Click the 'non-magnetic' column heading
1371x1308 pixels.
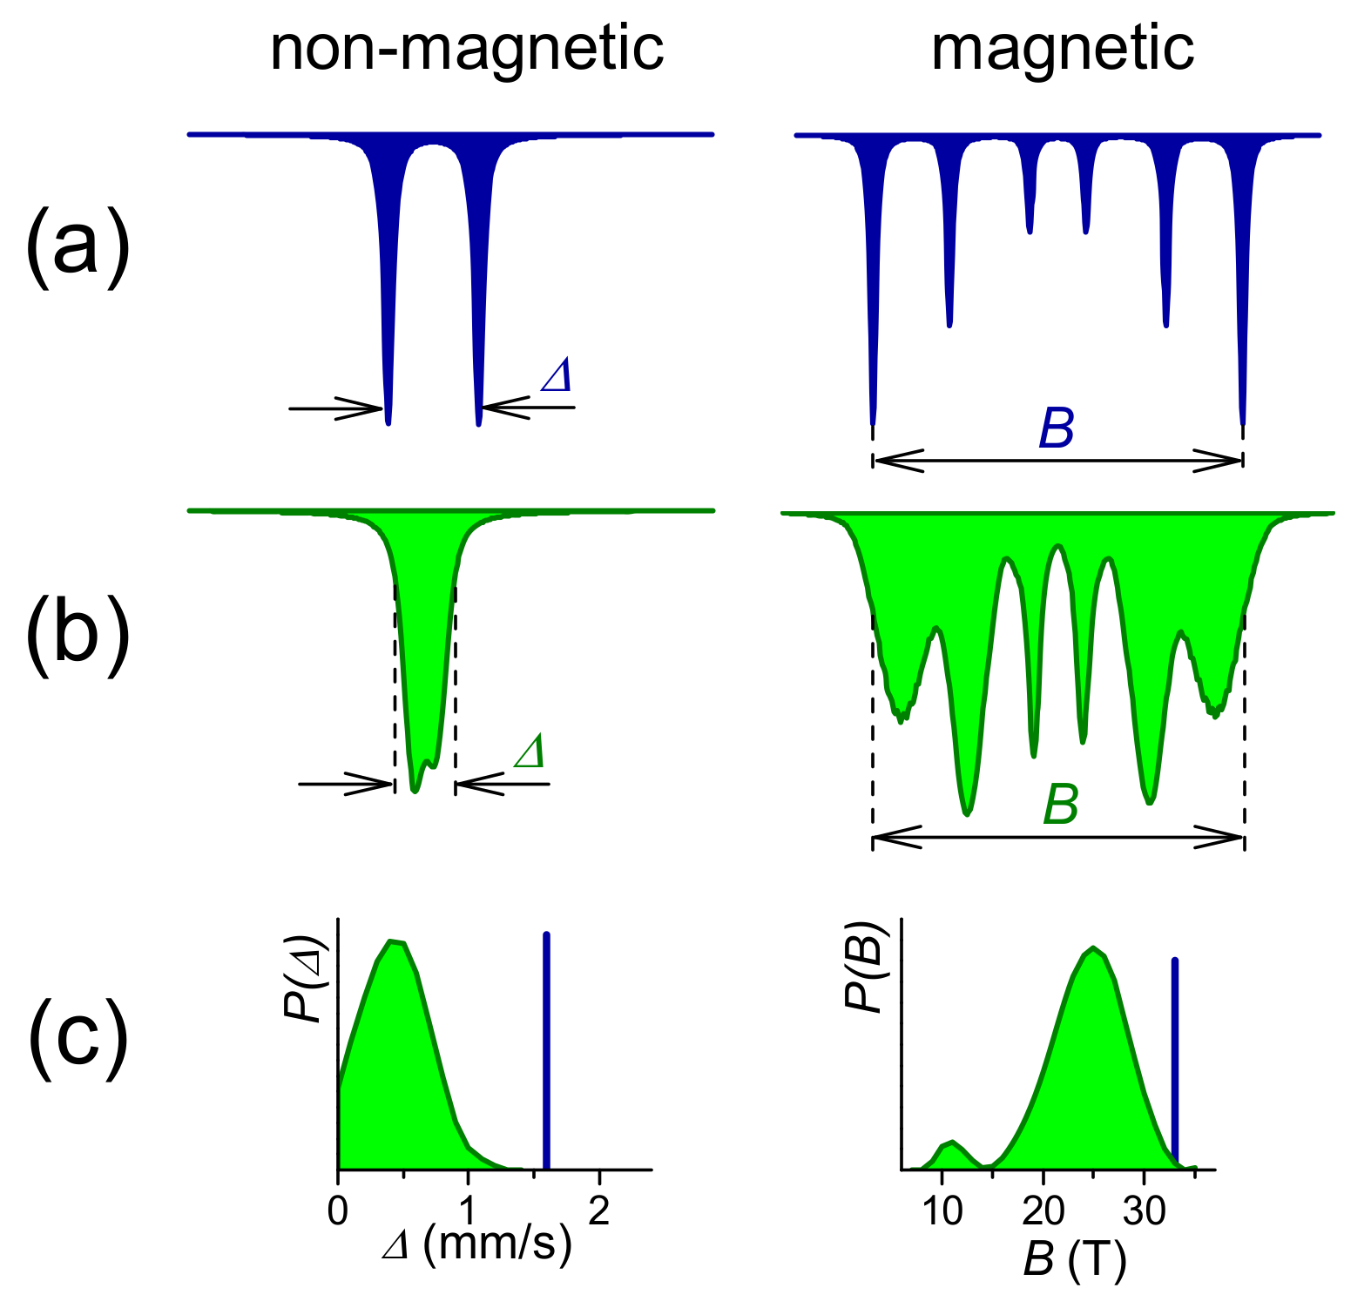coord(467,49)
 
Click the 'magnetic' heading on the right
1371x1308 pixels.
coord(1062,49)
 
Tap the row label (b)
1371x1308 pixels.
coord(78,633)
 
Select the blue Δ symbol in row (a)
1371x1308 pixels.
coord(557,375)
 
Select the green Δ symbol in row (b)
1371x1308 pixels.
coord(530,752)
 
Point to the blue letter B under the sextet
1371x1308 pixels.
coord(1057,428)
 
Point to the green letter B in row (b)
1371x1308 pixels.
coord(1060,805)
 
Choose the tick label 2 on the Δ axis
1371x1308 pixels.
coord(598,1211)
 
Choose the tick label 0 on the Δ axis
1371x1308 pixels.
coord(338,1211)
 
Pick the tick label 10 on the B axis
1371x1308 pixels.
coord(942,1211)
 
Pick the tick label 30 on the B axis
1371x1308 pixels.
coord(1144,1211)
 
